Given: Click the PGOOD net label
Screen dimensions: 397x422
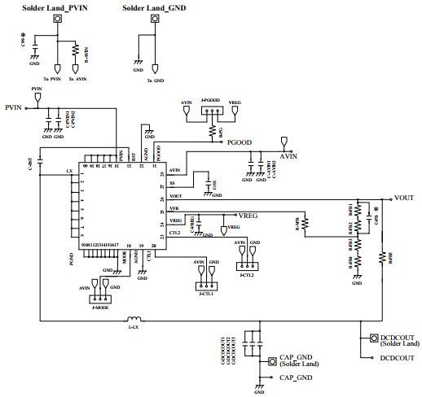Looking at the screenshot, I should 240,142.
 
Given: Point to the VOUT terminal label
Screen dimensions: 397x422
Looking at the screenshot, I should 404,198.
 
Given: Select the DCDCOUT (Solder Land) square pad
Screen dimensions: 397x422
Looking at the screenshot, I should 374,338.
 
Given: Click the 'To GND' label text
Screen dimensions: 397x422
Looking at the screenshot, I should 156,81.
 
